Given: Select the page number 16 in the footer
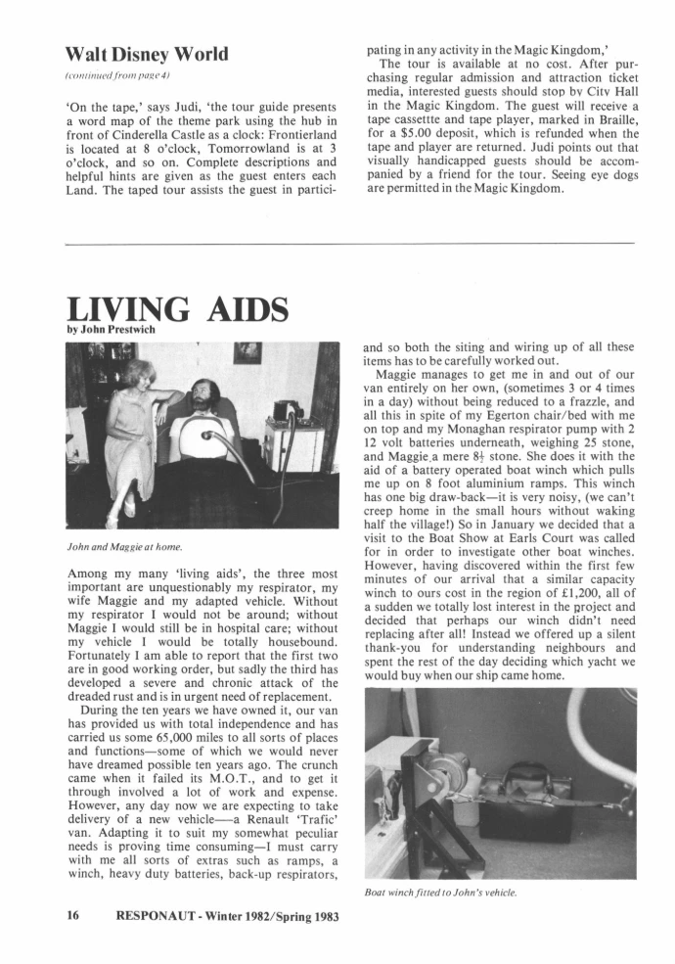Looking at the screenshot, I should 72,916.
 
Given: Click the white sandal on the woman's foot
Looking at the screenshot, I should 123,509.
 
